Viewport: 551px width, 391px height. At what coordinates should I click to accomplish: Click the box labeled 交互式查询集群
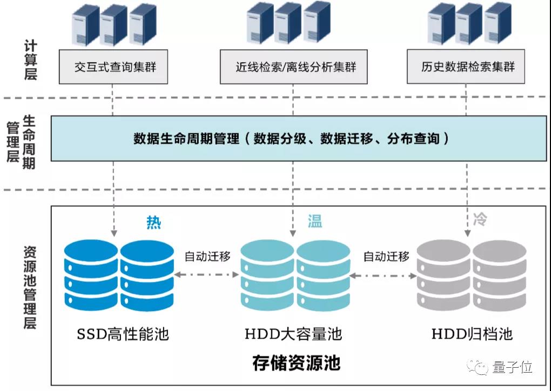pyautogui.click(x=113, y=67)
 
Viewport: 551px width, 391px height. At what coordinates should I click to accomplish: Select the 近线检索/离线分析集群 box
pyautogui.click(x=294, y=67)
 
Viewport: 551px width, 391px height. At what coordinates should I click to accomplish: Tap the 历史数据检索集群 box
pyautogui.click(x=466, y=66)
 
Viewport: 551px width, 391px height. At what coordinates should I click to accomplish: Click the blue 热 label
pyautogui.click(x=154, y=223)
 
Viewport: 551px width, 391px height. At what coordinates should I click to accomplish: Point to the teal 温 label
pyautogui.click(x=315, y=221)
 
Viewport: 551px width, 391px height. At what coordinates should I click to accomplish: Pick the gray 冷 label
pyautogui.click(x=480, y=219)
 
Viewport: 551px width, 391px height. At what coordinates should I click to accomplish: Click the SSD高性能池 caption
pyautogui.click(x=123, y=334)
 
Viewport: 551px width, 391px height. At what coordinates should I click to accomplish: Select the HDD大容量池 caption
pyautogui.click(x=293, y=333)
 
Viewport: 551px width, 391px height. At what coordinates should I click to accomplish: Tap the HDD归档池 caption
pyautogui.click(x=472, y=333)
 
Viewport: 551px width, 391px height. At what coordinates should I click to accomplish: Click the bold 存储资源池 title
pyautogui.click(x=296, y=363)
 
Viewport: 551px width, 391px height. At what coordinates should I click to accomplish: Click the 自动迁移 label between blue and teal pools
pyautogui.click(x=207, y=257)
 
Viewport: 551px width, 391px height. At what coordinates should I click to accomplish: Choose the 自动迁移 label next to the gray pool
pyautogui.click(x=387, y=257)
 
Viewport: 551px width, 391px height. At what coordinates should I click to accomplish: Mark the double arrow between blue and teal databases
pyautogui.click(x=207, y=274)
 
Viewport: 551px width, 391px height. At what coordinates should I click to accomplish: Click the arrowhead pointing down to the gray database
pyautogui.click(x=467, y=233)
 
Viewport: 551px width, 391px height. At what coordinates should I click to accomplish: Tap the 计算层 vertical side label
pyautogui.click(x=31, y=60)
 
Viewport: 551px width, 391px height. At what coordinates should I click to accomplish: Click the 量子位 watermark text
pyautogui.click(x=512, y=367)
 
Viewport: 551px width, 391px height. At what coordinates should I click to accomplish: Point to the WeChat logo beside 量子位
pyautogui.click(x=477, y=367)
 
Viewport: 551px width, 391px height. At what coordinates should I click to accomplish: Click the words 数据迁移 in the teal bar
pyautogui.click(x=346, y=138)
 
